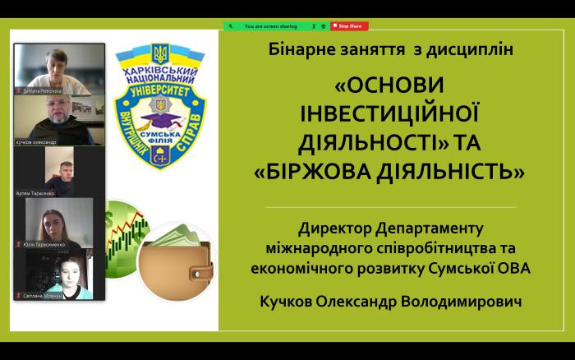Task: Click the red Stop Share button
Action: tap(349, 26)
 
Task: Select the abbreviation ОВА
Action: tap(513, 266)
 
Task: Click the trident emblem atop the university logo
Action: tap(161, 56)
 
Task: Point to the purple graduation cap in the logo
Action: tap(161, 121)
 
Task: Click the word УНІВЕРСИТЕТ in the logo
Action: tap(161, 92)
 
